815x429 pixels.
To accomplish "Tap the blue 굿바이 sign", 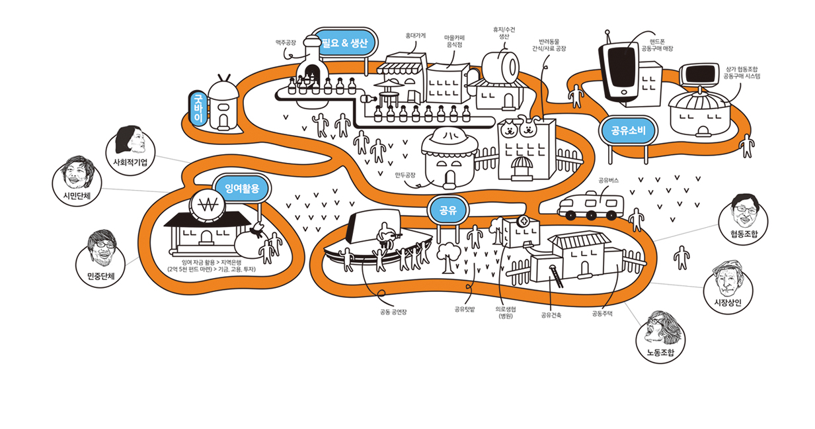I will click(197, 108).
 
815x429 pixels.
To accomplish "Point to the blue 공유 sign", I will click(448, 211).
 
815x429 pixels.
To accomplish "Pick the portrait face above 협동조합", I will click(744, 211).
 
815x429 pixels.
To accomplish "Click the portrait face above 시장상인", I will click(728, 281).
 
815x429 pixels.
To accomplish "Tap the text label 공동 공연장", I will click(393, 312).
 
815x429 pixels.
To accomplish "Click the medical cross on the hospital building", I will click(524, 221).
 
